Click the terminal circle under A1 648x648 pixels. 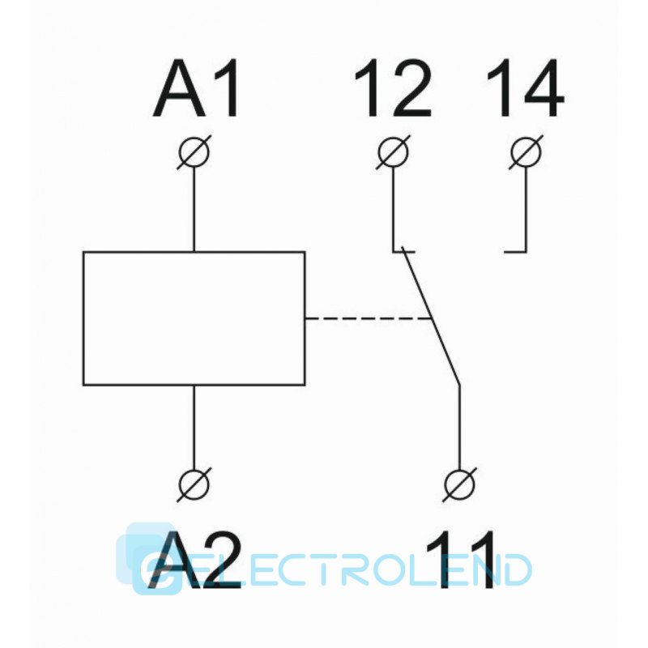(194, 152)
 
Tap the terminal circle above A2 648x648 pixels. (194, 484)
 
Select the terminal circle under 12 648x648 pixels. (393, 152)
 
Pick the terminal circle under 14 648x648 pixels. (526, 152)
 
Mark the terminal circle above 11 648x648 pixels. (459, 484)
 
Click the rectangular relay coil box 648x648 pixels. (194, 318)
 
